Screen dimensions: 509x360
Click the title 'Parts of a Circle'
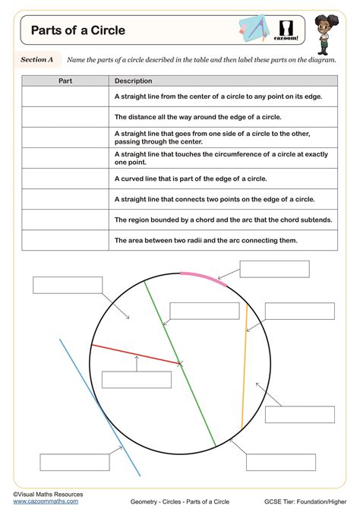(x=78, y=31)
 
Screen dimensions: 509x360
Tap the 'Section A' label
(x=36, y=59)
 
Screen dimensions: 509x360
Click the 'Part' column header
(x=65, y=81)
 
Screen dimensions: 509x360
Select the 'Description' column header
(x=133, y=81)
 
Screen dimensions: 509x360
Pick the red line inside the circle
(x=137, y=355)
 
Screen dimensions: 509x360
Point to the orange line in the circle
(x=244, y=365)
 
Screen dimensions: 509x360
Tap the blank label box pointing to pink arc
(x=274, y=269)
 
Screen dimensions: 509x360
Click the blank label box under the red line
(x=136, y=380)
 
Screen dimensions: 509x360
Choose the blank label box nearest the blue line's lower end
(x=74, y=462)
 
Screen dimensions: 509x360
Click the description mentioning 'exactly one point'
(x=221, y=158)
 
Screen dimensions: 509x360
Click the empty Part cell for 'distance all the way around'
(x=65, y=117)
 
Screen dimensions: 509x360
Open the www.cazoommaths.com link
(x=46, y=501)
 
